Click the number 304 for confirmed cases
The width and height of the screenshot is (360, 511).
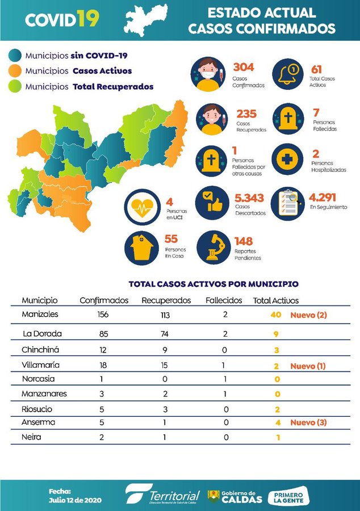tap(244, 68)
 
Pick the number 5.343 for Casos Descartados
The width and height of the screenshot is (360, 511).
tap(249, 198)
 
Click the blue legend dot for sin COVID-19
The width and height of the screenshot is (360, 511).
tap(15, 56)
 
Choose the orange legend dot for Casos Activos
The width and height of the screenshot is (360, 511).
tap(15, 72)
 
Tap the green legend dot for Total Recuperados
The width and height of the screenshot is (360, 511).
tap(15, 87)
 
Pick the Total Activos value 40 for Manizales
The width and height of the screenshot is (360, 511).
tap(277, 315)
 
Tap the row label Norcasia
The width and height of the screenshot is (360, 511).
tap(38, 379)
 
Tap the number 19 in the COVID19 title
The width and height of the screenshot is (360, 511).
tap(87, 19)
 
